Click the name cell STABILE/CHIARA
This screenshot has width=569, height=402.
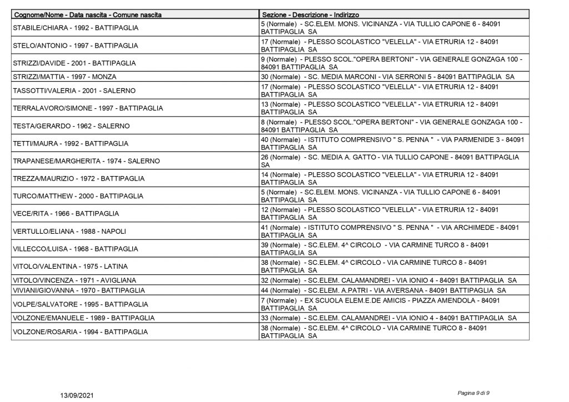[x=75, y=28]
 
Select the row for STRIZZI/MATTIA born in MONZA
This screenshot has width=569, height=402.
[x=64, y=77]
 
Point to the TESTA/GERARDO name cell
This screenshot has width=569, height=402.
[x=71, y=126]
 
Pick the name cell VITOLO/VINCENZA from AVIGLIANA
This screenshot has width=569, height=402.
[x=74, y=280]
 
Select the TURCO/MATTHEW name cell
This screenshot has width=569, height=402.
[x=77, y=196]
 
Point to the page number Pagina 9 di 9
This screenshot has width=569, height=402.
[x=473, y=393]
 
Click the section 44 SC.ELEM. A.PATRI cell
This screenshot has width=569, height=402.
[x=383, y=290]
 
